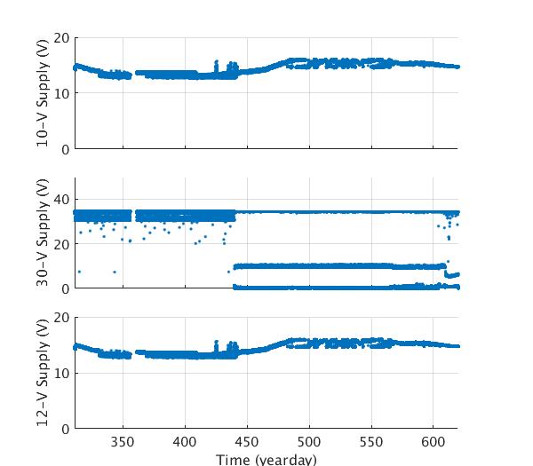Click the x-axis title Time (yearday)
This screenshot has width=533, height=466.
(266, 459)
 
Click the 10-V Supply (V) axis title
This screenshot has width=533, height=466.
(43, 93)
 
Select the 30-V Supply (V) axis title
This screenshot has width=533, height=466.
(43, 233)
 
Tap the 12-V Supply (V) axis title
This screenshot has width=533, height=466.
(43, 373)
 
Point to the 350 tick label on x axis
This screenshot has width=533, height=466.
(123, 442)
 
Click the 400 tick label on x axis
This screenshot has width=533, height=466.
(185, 442)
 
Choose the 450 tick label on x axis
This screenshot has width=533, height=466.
(247, 442)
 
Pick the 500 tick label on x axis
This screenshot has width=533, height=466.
(309, 442)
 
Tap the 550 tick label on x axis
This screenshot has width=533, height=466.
(371, 442)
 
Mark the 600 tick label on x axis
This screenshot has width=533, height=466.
(433, 442)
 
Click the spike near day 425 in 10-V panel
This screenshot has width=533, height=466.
(216, 64)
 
